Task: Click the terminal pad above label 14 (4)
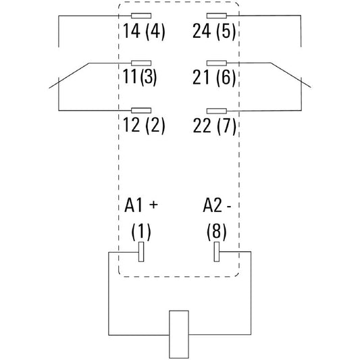(141, 16)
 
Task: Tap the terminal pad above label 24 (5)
(217, 16)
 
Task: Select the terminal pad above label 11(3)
(141, 63)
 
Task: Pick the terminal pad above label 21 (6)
(217, 63)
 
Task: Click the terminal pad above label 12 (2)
(141, 111)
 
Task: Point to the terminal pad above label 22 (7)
(217, 111)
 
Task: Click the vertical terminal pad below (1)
(141, 252)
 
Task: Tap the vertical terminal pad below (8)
(217, 252)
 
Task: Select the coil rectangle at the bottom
(179, 334)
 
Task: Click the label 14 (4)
(144, 32)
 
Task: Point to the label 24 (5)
(214, 32)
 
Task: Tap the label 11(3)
(140, 77)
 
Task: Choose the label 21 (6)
(214, 78)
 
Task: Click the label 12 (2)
(144, 125)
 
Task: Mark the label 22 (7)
(214, 126)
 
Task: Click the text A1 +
(141, 205)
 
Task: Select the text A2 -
(217, 205)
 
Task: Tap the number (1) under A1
(141, 232)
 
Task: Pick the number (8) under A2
(217, 232)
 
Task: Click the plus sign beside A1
(153, 205)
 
